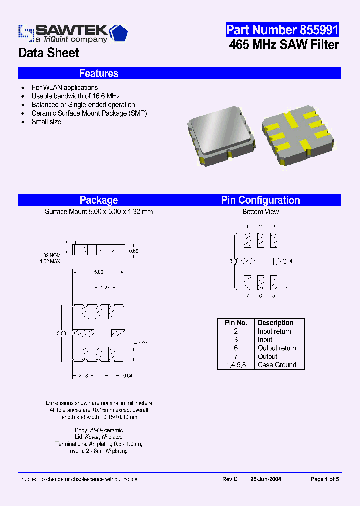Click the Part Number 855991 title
pyautogui.click(x=282, y=30)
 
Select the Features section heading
pyautogui.click(x=99, y=73)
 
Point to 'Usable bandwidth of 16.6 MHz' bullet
pyautogui.click(x=76, y=96)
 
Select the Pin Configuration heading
pyautogui.click(x=260, y=200)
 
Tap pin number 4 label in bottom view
pyautogui.click(x=291, y=261)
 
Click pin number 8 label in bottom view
pyautogui.click(x=231, y=261)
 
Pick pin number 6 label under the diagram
pyautogui.click(x=260, y=296)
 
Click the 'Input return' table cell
pyautogui.click(x=274, y=331)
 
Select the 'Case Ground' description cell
pyautogui.click(x=277, y=365)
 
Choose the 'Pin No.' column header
pyautogui.click(x=236, y=323)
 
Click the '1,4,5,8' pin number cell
pyautogui.click(x=236, y=365)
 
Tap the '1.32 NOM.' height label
pyautogui.click(x=50, y=256)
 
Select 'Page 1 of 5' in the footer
pyautogui.click(x=325, y=479)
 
